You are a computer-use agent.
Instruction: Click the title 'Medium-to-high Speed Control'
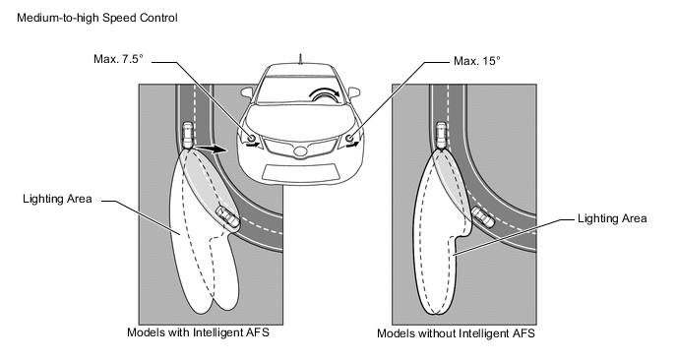coord(97,18)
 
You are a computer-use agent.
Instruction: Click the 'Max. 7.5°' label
coord(118,59)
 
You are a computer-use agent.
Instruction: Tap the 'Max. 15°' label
coord(476,61)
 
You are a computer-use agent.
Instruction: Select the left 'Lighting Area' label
coord(57,199)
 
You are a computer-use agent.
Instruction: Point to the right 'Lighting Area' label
coord(612,218)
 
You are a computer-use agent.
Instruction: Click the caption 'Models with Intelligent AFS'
coord(198,332)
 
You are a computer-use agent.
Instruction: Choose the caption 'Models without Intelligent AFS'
coord(456,333)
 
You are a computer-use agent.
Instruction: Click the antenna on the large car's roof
coord(300,59)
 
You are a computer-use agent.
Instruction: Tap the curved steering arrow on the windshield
coord(324,92)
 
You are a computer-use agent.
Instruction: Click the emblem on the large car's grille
coord(300,151)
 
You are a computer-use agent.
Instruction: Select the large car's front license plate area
coord(300,172)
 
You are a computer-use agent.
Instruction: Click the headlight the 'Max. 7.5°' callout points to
coord(252,138)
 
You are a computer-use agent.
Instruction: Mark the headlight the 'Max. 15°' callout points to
coord(349,138)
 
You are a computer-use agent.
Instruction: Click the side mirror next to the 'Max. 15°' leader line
coord(353,91)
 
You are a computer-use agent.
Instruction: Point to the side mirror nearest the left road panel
coord(247,92)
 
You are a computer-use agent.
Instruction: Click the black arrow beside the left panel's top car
coord(211,149)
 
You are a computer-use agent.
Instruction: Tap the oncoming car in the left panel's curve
coord(227,216)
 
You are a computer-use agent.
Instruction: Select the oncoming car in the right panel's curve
coord(482,216)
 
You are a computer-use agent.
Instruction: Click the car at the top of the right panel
coord(441,135)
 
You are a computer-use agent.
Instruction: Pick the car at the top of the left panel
coord(188,135)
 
